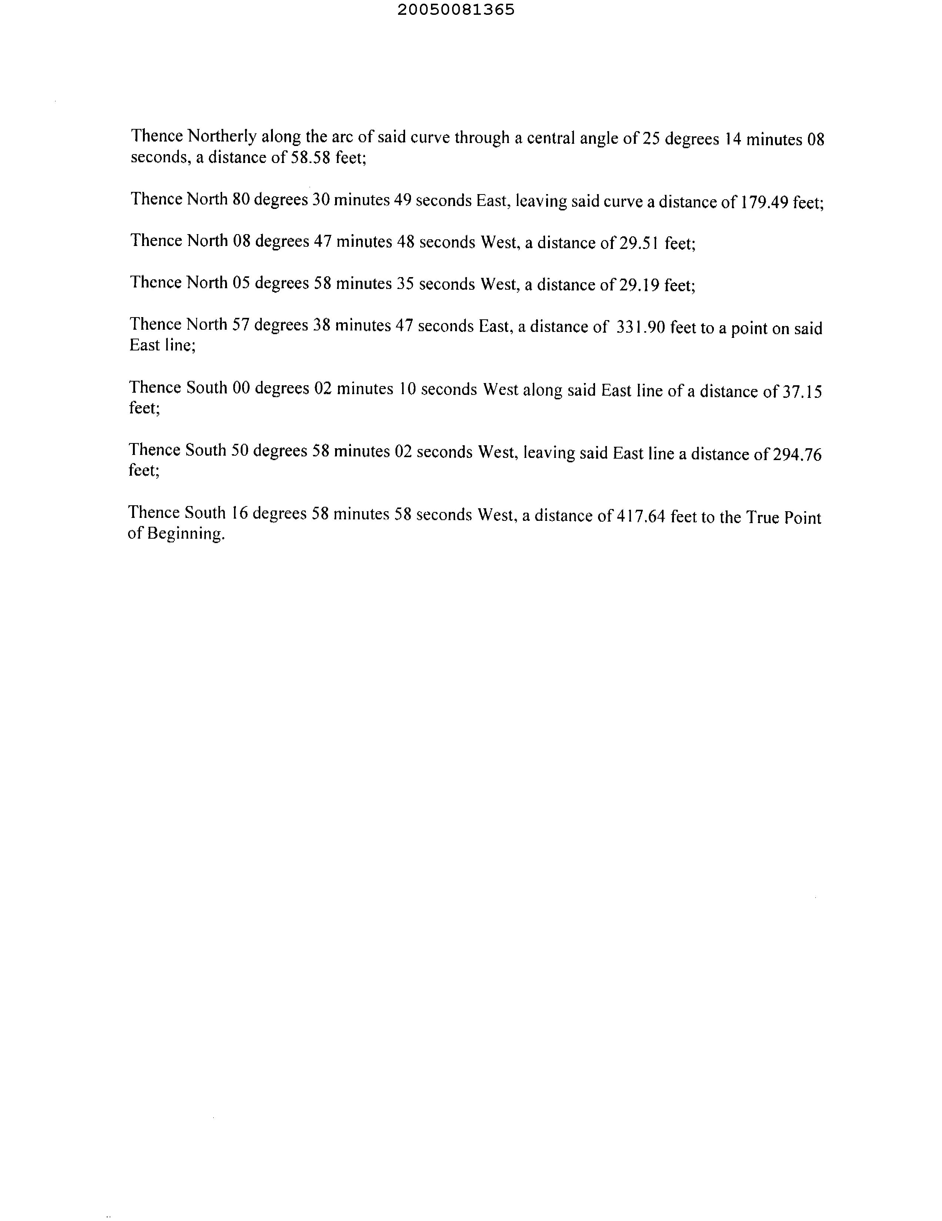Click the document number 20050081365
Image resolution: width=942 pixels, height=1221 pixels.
click(x=456, y=10)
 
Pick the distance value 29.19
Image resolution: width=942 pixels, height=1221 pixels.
click(x=639, y=285)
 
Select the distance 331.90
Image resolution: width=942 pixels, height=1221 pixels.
click(x=640, y=327)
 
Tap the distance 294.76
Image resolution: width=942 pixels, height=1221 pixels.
click(x=797, y=454)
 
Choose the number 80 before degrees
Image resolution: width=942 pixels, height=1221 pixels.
click(x=241, y=199)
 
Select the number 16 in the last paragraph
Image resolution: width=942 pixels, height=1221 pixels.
click(x=239, y=513)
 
